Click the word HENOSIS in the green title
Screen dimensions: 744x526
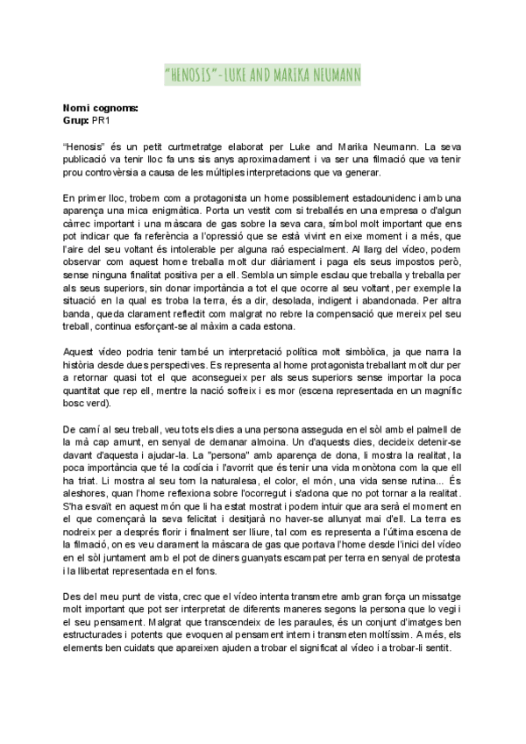195,75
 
